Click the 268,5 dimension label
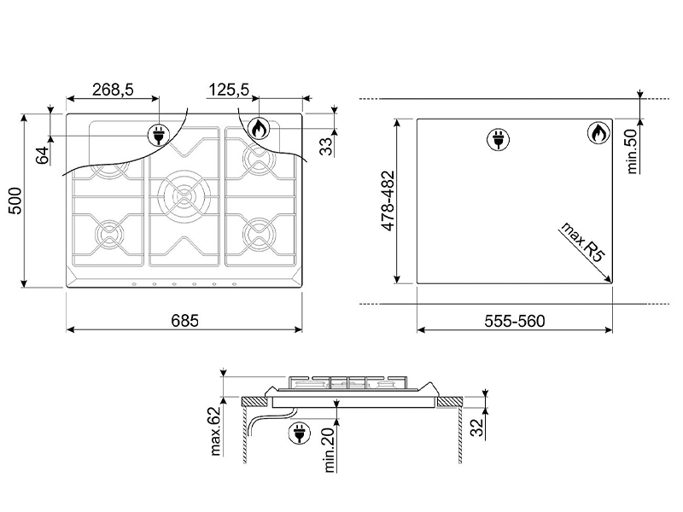coord(113,90)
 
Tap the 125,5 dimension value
coord(229,90)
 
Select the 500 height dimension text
coord(15,201)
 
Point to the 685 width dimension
coord(184,321)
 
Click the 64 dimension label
coord(43,155)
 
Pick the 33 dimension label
coord(326,146)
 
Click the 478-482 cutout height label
coord(388,201)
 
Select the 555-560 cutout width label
coord(515,322)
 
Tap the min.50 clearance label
coord(632,152)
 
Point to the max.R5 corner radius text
coord(583,242)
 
